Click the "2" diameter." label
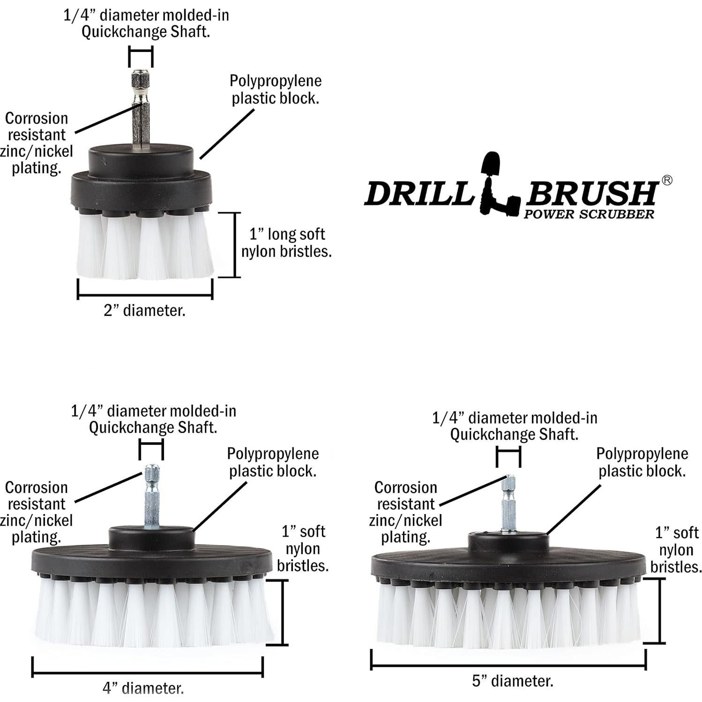tap(144, 310)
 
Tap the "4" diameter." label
tap(143, 688)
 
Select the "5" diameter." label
tap(512, 681)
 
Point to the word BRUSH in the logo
tap(591, 193)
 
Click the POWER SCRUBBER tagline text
tap(589, 215)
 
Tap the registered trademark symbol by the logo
tap(666, 180)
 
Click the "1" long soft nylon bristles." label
tap(286, 243)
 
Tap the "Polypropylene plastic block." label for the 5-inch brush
tap(642, 462)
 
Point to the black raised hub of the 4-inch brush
tap(151, 538)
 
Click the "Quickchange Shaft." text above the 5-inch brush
tap(514, 434)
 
